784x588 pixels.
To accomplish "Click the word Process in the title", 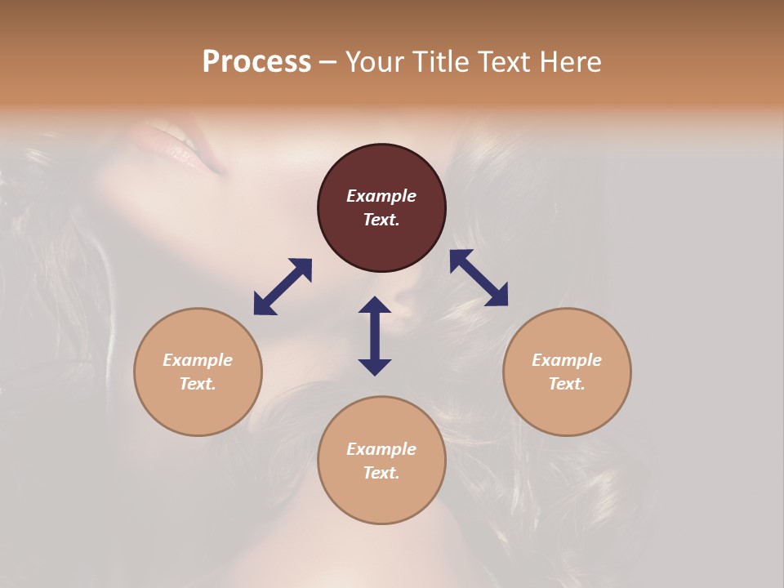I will pyautogui.click(x=256, y=62).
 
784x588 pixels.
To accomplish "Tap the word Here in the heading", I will pyautogui.click(x=568, y=62).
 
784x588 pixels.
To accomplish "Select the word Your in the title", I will pyautogui.click(x=375, y=62).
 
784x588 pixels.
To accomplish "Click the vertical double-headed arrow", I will pyautogui.click(x=375, y=336).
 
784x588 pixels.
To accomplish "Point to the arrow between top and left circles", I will pyautogui.click(x=283, y=287).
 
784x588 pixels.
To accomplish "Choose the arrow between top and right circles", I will pyautogui.click(x=479, y=278).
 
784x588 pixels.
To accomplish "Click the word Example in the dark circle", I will pyautogui.click(x=381, y=196).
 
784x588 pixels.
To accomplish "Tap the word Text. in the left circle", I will pyautogui.click(x=198, y=384).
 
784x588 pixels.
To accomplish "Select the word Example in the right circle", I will pyautogui.click(x=567, y=360).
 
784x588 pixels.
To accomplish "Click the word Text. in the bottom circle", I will pyautogui.click(x=381, y=473).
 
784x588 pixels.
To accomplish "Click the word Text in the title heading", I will pyautogui.click(x=506, y=62).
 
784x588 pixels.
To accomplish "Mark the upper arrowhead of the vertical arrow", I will pyautogui.click(x=375, y=306).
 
